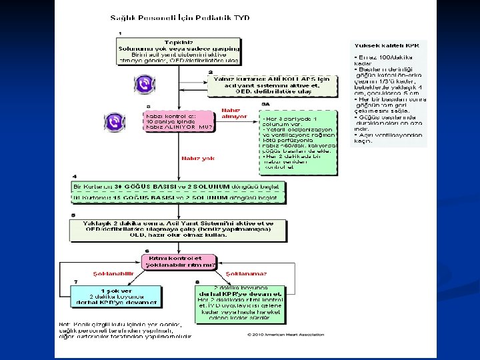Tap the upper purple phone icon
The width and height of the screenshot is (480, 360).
point(143,84)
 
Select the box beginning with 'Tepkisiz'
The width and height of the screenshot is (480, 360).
point(178,52)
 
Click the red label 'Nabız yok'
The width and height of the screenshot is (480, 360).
point(199,158)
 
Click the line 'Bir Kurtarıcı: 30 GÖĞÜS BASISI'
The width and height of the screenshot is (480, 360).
point(178,185)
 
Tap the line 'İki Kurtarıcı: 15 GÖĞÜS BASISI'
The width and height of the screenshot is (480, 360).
point(178,197)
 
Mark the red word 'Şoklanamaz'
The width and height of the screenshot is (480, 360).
point(243,273)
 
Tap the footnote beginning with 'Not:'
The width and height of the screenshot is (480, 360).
point(125,331)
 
